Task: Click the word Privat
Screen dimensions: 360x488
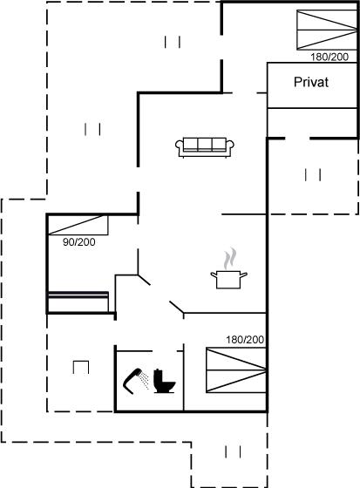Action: click(311, 82)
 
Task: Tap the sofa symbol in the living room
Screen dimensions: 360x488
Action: click(205, 147)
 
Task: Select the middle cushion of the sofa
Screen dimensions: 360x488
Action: click(205, 144)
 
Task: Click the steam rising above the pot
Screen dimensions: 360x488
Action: click(230, 258)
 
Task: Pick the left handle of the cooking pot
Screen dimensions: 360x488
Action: click(214, 274)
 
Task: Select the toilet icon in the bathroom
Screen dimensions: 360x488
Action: click(164, 381)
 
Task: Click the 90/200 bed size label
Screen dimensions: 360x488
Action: click(79, 242)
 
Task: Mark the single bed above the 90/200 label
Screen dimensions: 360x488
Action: click(78, 225)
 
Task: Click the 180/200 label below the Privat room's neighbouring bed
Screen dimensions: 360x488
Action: click(329, 57)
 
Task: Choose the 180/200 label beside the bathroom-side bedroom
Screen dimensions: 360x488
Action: click(245, 340)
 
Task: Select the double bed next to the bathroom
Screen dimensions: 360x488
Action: click(236, 370)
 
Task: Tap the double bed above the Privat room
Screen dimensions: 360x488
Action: click(327, 30)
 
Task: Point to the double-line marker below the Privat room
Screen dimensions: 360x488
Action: click(313, 174)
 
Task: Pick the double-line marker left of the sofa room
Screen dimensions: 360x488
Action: click(92, 129)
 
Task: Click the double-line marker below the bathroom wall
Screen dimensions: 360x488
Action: click(233, 451)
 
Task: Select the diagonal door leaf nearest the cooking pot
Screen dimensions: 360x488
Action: click(177, 307)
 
